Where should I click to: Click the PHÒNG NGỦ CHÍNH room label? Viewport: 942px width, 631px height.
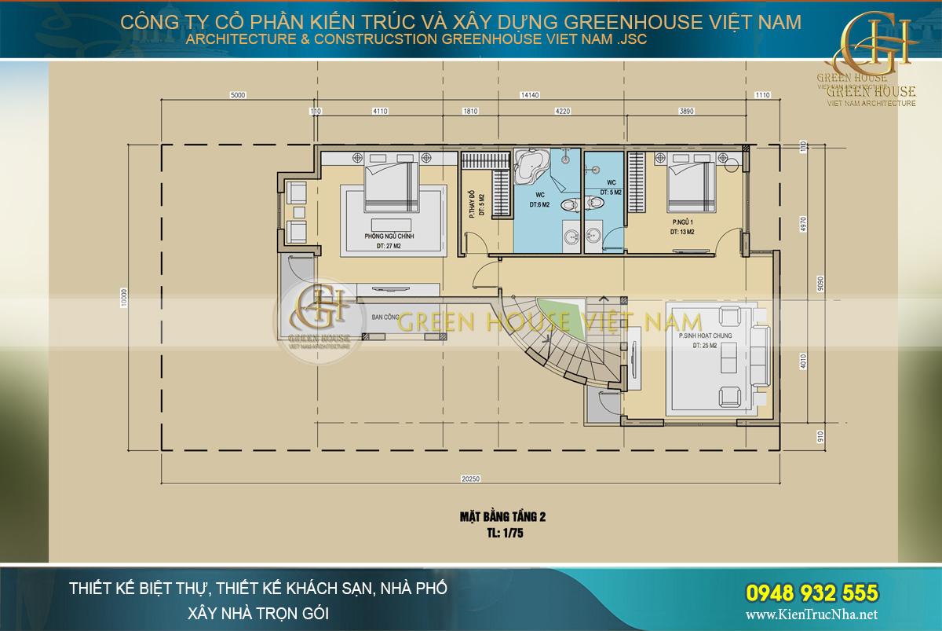pyautogui.click(x=389, y=237)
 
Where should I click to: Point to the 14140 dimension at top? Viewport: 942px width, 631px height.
pyautogui.click(x=530, y=95)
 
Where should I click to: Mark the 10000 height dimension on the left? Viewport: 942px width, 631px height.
pyautogui.click(x=123, y=299)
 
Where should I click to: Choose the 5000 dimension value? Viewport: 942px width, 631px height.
pyautogui.click(x=238, y=95)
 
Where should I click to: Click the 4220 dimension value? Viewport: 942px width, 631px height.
pyautogui.click(x=562, y=112)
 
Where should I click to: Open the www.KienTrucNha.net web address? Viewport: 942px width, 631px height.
pyautogui.click(x=811, y=615)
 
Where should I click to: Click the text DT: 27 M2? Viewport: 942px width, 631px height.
pyautogui.click(x=389, y=247)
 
